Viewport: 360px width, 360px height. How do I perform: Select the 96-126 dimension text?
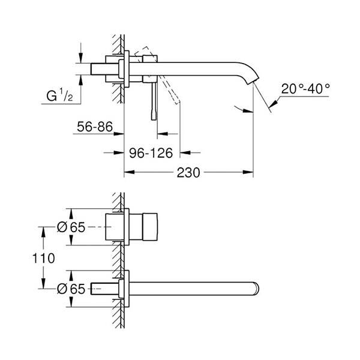(152, 153)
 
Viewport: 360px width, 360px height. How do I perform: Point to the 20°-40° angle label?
(305, 88)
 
